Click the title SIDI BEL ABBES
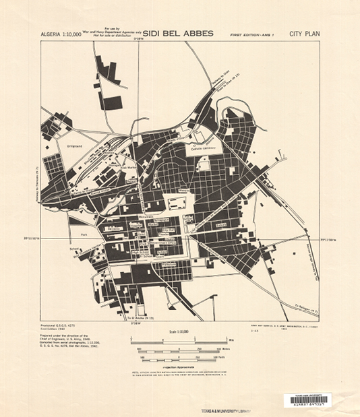coord(175,32)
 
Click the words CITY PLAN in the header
coord(304,32)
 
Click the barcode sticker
coord(309,399)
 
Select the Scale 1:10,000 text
coord(179,332)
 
